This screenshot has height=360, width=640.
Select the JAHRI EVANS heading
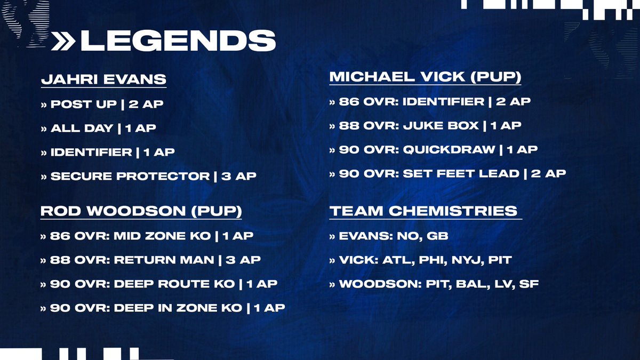point(103,80)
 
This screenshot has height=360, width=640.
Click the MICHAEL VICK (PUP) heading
point(425,77)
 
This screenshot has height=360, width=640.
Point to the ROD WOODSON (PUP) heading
point(141,211)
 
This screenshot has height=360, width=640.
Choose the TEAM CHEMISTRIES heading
point(423,211)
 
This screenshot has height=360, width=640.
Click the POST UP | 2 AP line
point(102,104)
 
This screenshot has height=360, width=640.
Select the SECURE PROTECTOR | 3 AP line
point(148,176)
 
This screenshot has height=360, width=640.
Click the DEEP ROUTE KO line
point(159,284)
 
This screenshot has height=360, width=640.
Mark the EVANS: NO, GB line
point(386,236)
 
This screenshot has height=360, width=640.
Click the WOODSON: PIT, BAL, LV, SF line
point(434,284)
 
